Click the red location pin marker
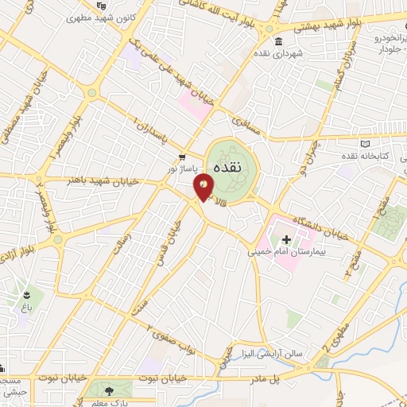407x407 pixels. [203, 187]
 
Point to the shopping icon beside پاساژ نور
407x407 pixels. [183, 157]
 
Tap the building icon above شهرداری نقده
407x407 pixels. [277, 42]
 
